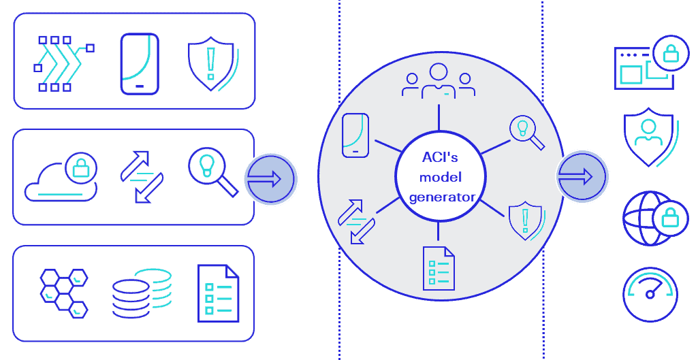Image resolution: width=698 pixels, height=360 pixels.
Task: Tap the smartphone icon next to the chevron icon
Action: [x=140, y=64]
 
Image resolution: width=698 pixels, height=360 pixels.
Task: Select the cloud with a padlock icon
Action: [x=61, y=178]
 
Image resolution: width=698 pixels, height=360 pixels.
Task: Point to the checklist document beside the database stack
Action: [x=218, y=293]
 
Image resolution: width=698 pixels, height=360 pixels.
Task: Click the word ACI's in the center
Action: [x=439, y=158]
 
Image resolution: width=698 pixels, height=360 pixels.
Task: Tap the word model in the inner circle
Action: [x=441, y=178]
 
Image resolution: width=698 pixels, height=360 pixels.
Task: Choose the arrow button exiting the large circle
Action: [x=582, y=177]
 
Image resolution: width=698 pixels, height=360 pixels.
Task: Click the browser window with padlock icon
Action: [x=644, y=65]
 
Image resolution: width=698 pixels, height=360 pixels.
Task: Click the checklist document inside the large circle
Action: [x=439, y=268]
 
